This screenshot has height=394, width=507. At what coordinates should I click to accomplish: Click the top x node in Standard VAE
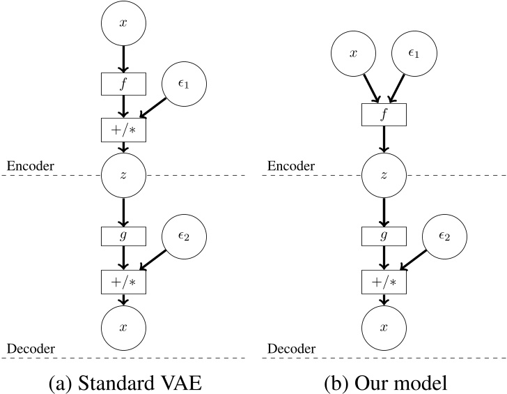(123, 24)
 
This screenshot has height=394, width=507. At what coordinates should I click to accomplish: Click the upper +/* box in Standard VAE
(123, 130)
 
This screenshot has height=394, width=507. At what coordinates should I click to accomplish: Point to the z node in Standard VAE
(123, 175)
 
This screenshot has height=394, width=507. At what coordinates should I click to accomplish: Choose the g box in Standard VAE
(123, 236)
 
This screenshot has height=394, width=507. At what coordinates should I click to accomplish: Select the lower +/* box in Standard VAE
(123, 282)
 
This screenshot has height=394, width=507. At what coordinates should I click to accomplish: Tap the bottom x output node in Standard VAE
(123, 327)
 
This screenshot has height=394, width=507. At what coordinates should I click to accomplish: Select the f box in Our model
(382, 114)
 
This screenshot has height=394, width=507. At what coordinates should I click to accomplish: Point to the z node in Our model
(382, 175)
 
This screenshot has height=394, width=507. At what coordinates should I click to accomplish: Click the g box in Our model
(382, 236)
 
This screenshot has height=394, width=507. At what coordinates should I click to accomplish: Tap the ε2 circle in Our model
(444, 236)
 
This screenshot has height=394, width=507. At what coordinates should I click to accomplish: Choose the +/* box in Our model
(382, 282)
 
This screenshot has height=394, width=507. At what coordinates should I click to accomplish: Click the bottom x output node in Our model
(382, 327)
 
